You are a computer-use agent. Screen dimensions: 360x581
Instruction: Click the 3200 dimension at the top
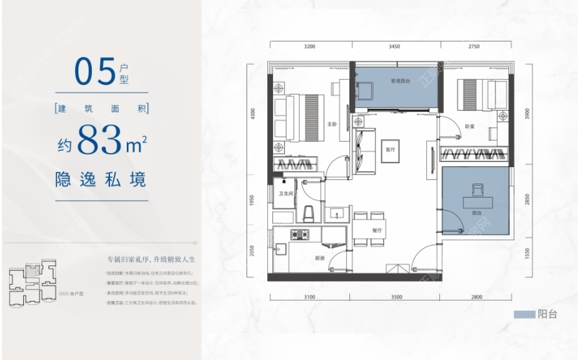(x=309, y=47)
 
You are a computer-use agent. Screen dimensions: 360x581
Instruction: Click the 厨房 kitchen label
(x=320, y=258)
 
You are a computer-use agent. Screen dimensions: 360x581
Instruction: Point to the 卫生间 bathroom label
(x=287, y=194)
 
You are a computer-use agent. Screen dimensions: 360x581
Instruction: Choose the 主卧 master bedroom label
(x=332, y=124)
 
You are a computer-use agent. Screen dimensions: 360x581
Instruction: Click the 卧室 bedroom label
(x=470, y=126)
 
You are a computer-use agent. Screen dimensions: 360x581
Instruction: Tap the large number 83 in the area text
(x=100, y=140)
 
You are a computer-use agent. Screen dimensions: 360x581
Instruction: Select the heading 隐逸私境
(x=101, y=179)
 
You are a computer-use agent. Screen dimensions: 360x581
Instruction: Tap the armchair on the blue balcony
(x=477, y=188)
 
